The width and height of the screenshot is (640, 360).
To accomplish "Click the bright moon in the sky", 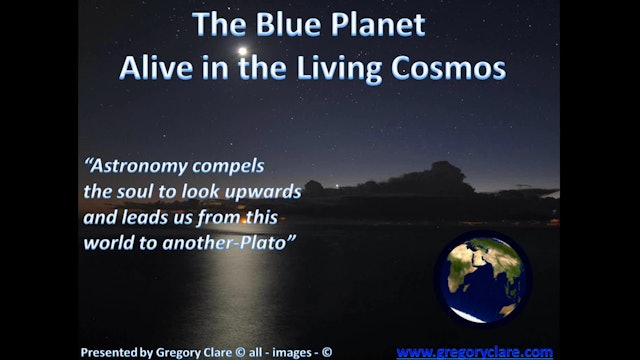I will point(242,50).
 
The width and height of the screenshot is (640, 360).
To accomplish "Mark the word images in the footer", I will point(291,352).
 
